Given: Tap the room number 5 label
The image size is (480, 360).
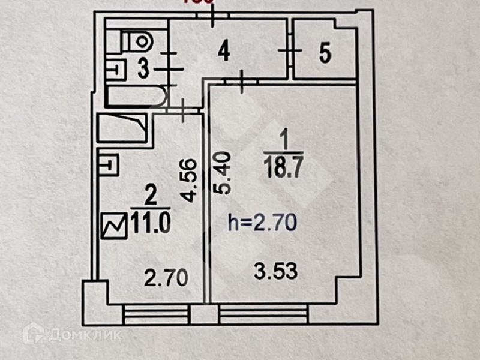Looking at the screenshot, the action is (x=325, y=53).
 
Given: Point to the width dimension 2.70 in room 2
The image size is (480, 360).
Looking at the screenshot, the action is (x=166, y=277).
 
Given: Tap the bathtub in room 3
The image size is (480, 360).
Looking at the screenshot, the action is (x=136, y=96).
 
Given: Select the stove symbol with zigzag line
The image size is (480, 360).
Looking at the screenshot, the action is (x=114, y=227).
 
